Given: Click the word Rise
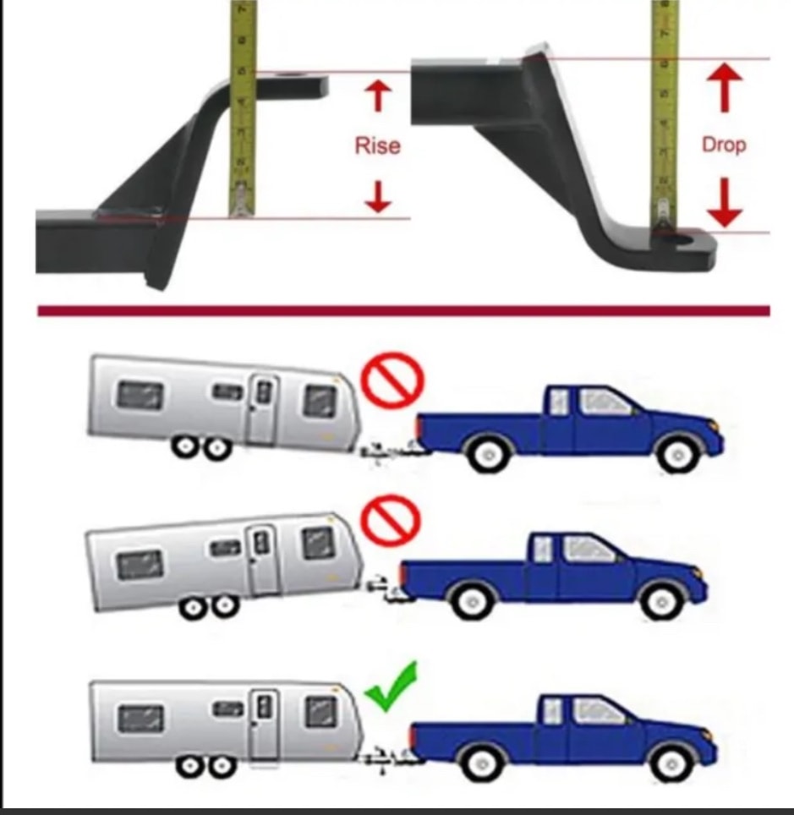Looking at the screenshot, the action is (x=377, y=145).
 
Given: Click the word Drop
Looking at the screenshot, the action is (x=724, y=145).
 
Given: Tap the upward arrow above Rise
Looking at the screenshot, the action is (x=378, y=96).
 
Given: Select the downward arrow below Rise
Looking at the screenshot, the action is (x=378, y=196).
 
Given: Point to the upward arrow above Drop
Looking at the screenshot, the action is (x=725, y=87).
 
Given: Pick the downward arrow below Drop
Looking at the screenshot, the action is (x=725, y=203).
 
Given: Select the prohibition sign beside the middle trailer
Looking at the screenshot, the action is (x=391, y=519).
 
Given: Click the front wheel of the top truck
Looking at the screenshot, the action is (x=677, y=454).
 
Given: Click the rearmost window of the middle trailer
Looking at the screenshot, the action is (x=140, y=565).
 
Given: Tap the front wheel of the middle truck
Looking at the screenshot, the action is (x=662, y=602).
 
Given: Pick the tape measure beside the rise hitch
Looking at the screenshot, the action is (x=243, y=108).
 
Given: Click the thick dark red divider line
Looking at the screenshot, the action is (x=403, y=311).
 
